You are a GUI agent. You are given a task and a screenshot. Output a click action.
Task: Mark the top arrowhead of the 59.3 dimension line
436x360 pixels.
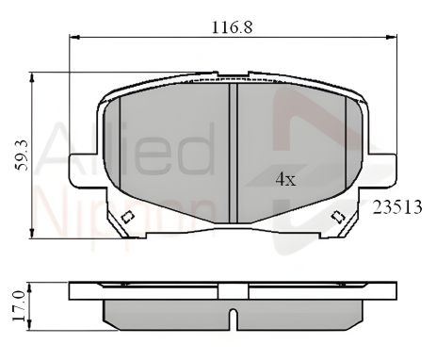pyautogui.click(x=34, y=75)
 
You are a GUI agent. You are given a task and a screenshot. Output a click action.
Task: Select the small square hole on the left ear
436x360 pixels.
pyautogui.click(x=128, y=218)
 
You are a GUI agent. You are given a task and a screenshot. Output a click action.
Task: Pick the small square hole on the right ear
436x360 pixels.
pyautogui.click(x=338, y=218)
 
